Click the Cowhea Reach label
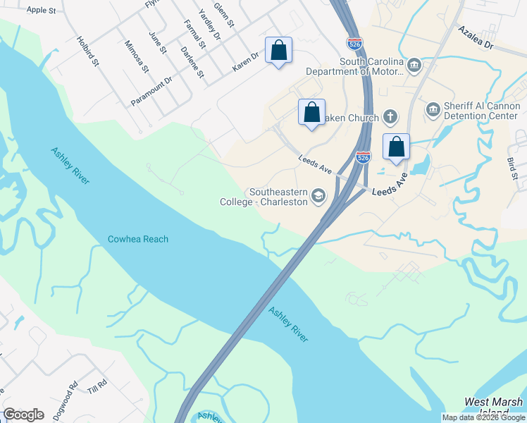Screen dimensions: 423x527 coord(138,239)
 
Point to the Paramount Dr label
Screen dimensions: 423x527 coord(151,92)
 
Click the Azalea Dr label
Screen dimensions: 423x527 coord(476,38)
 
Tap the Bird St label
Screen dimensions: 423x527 coord(512,170)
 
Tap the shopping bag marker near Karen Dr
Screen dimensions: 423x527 coord(279,51)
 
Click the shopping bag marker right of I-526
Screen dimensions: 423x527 coord(397,147)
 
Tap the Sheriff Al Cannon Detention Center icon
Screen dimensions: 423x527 coord(433,110)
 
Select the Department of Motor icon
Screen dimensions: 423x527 coord(414,66)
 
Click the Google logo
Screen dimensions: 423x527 coord(23,415)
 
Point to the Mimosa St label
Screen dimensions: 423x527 coord(138,56)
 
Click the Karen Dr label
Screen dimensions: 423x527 coord(247,64)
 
